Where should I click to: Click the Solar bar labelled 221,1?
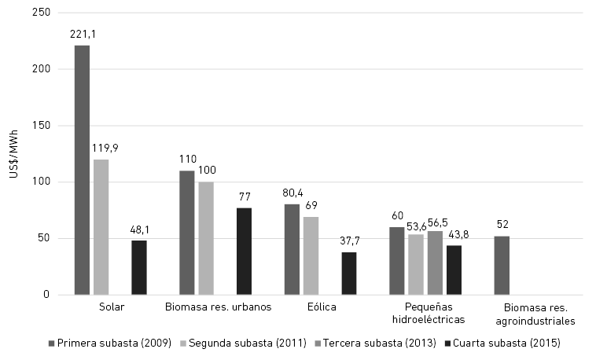pos(82,170)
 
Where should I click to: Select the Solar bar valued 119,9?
pos(101,227)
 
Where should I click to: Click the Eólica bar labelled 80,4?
pos(292,249)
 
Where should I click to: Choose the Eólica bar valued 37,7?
pos(349,274)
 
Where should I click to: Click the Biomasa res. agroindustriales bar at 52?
pos(502,266)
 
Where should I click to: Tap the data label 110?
pos(187,159)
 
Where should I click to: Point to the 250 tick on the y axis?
pos(41,13)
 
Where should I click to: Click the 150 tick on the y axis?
pos(41,126)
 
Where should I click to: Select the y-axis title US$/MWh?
pos(13,154)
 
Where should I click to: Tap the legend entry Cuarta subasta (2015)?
pos(502,343)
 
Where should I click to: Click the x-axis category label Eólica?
pos(320,307)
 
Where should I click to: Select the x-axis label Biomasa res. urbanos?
pos(219,307)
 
